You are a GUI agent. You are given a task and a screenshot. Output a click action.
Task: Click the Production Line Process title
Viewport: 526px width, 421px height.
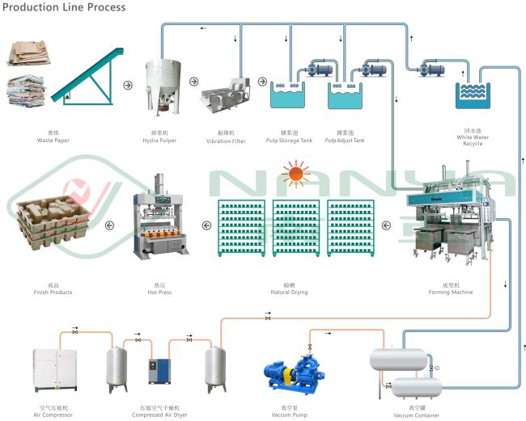(64, 7)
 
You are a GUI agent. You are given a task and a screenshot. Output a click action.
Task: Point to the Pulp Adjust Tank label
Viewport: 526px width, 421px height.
(345, 140)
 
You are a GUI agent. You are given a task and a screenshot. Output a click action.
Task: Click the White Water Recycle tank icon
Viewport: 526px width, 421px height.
(473, 96)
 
